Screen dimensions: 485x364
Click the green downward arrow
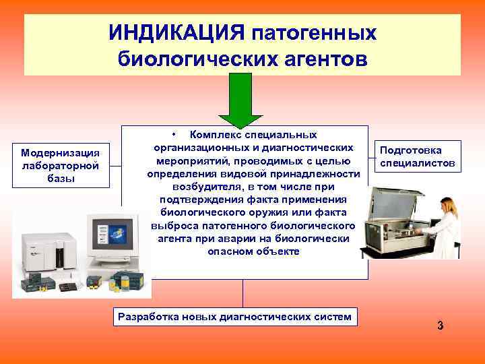tap(243, 99)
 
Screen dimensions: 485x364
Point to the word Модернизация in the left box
tap(61, 153)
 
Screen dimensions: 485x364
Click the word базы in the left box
tap(61, 178)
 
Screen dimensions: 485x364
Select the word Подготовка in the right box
tap(411, 150)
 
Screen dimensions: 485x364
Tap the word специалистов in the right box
tap(418, 163)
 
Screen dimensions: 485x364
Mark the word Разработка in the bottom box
tap(150, 316)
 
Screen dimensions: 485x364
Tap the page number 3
tap(440, 326)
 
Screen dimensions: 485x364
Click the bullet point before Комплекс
tap(174, 135)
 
